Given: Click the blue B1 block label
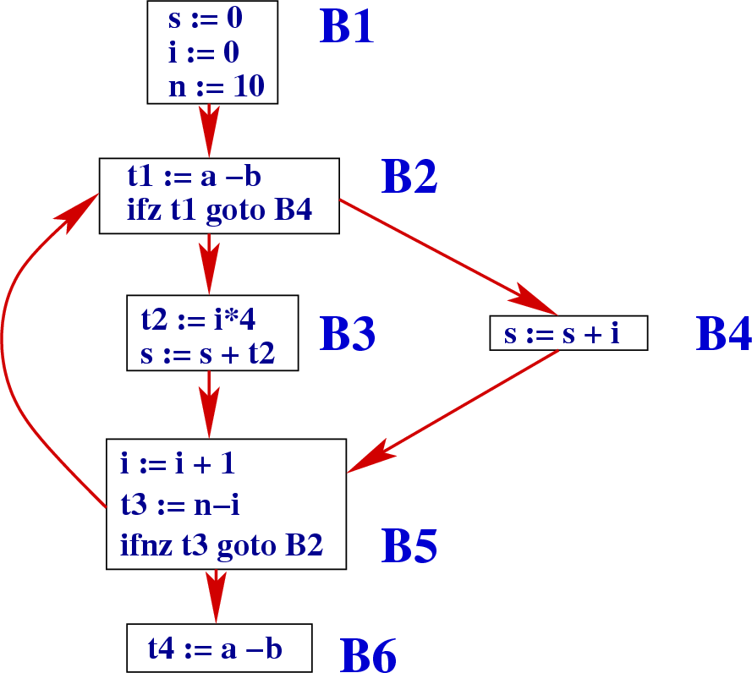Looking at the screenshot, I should pos(346,27).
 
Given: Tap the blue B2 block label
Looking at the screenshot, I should pos(409,176).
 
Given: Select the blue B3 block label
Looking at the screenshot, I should pos(348,335).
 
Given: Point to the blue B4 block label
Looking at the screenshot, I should pos(723,334).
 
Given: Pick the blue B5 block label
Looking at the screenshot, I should pos(409,545).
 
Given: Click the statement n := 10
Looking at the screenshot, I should pos(216,86).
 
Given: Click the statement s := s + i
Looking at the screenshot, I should pos(562,334).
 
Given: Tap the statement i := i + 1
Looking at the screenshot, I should pos(177,463).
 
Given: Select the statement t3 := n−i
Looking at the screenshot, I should pos(181,505).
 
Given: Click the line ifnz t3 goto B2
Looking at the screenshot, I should pos(222,545).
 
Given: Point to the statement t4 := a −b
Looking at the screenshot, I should pos(215,648).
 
